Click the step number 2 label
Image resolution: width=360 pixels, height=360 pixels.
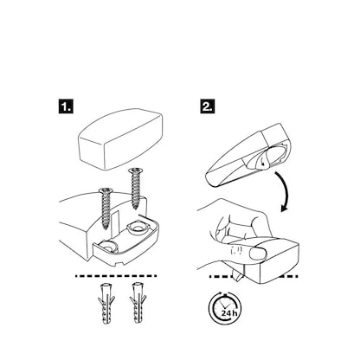coord(209,108)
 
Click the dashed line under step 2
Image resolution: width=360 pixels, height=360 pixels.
coord(260,276)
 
